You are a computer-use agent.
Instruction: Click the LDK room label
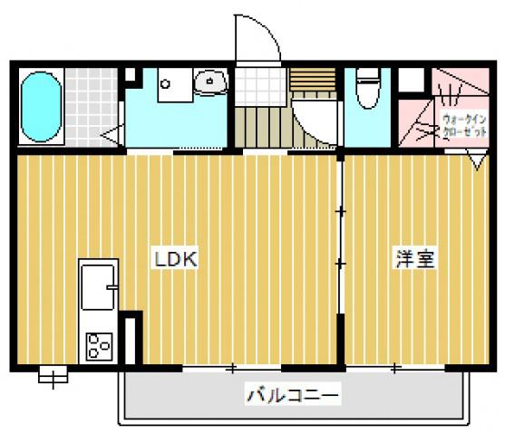(176, 259)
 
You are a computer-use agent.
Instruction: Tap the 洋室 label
(415, 258)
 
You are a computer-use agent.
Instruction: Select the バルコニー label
(293, 393)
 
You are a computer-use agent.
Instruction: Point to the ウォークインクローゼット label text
(464, 126)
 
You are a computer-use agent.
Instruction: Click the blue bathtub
(41, 107)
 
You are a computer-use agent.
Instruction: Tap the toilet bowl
(367, 89)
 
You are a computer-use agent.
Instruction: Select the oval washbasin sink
(211, 82)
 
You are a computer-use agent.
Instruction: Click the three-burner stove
(99, 346)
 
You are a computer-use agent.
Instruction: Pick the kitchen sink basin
(98, 287)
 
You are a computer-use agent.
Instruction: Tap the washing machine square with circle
(175, 84)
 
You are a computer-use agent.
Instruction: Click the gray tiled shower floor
(92, 107)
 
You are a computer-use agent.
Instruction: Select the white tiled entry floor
(260, 87)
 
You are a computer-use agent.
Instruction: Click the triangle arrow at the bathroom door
(112, 135)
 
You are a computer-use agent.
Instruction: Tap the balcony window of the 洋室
(395, 367)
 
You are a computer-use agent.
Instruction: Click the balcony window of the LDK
(231, 367)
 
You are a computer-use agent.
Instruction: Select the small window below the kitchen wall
(53, 375)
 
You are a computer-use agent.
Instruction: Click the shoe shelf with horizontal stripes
(313, 79)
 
